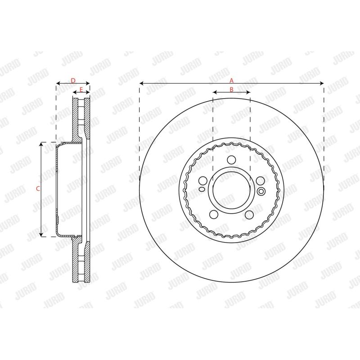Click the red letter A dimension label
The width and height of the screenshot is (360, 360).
click(x=231, y=81)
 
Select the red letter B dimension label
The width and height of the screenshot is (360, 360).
click(x=231, y=89)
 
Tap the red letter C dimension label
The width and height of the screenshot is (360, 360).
click(x=38, y=189)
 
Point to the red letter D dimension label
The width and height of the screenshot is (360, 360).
click(x=73, y=81)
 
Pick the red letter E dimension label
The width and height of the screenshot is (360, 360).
click(x=81, y=89)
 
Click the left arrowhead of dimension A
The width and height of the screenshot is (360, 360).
click(x=141, y=83)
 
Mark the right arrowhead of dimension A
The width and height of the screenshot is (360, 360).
click(x=322, y=83)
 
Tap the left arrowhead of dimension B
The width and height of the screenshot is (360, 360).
click(x=215, y=92)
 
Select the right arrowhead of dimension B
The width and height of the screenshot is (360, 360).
click(x=248, y=92)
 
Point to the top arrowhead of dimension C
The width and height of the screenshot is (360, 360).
click(x=41, y=144)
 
